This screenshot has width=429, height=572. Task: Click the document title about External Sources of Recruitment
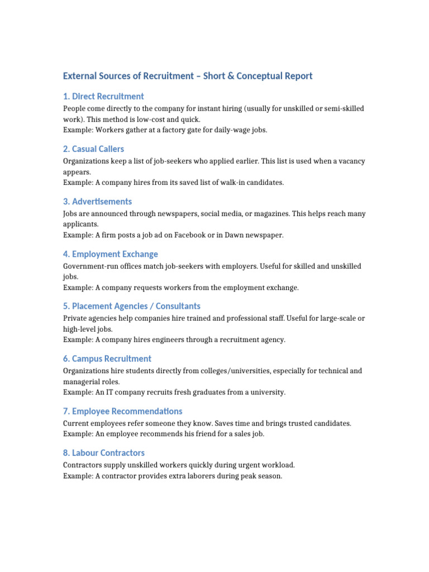(x=188, y=76)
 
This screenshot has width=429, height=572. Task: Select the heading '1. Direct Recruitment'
(x=103, y=96)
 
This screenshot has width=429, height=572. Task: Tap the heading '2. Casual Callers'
(x=94, y=149)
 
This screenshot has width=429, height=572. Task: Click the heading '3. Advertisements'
(x=98, y=202)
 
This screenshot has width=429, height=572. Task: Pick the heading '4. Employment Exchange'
(x=111, y=254)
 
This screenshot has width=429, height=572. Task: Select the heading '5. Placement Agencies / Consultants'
(x=132, y=306)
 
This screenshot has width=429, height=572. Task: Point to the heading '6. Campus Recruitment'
(x=107, y=359)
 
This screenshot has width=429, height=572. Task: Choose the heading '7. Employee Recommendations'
(x=123, y=411)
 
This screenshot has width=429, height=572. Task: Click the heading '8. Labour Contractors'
(x=104, y=453)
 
